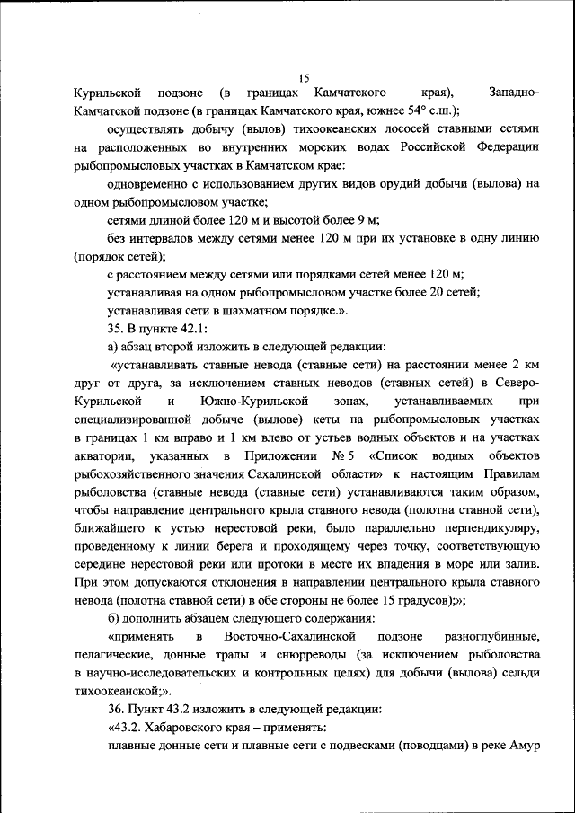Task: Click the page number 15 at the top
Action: click(x=303, y=77)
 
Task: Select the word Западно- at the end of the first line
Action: click(x=513, y=93)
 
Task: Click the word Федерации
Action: click(x=508, y=146)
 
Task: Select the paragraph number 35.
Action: click(x=115, y=328)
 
